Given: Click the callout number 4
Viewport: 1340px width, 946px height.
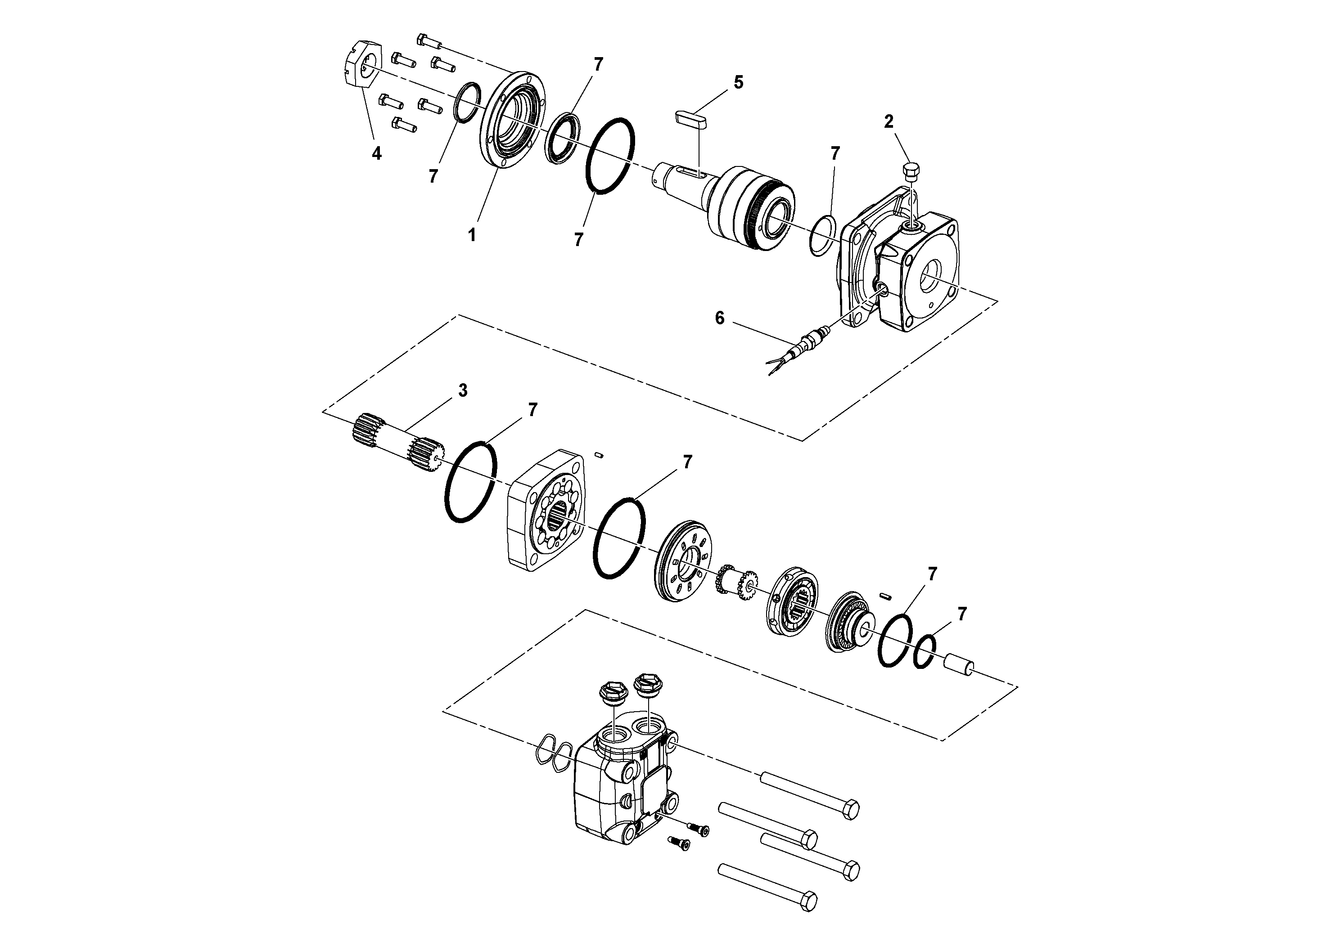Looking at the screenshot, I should coord(377,153).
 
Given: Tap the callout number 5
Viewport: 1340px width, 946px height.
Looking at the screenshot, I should coord(738,82).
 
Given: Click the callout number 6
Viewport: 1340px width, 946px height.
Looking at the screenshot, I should coord(720,318).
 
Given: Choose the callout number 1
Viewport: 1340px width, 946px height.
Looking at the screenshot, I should coord(472,235).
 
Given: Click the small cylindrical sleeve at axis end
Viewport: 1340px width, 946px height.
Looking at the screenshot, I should coord(960,664).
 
